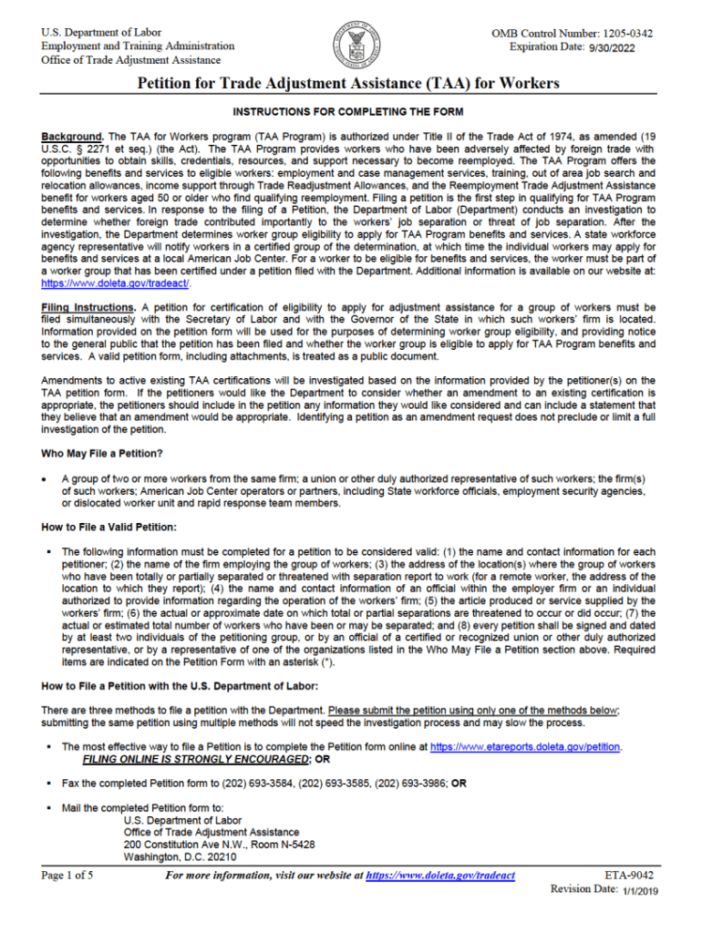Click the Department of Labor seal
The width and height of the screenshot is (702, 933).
click(x=356, y=46)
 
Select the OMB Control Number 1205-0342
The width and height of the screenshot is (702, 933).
click(x=572, y=34)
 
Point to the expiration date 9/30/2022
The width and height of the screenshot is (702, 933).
click(x=604, y=47)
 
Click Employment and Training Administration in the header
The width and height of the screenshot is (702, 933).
click(x=138, y=46)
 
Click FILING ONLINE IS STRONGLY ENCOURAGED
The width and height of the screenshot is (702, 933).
click(x=195, y=758)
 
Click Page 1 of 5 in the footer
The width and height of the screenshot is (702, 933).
click(x=67, y=876)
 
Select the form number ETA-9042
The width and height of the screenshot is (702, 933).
click(x=629, y=876)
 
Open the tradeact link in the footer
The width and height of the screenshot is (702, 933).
click(x=440, y=876)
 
